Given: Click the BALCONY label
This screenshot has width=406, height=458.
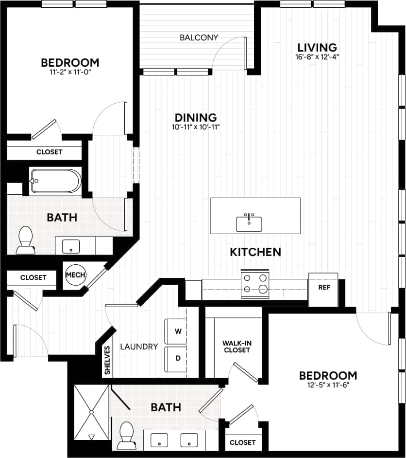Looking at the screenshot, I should tap(199, 37).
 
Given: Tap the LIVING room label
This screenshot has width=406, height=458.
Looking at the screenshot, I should tap(317, 48).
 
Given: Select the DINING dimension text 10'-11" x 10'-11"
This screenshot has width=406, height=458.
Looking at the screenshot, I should tap(195, 128).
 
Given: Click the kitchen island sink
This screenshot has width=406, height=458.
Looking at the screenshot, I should tap(249, 223).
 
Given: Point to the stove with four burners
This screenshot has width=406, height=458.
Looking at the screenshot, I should tap(255, 284).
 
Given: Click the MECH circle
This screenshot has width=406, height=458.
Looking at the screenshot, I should tap(75, 275).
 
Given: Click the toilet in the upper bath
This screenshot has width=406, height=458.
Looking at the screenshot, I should tap(24, 241).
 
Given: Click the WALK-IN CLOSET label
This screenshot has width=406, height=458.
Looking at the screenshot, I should tap(237, 346).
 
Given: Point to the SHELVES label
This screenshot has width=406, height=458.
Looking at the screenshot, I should tap(107, 361).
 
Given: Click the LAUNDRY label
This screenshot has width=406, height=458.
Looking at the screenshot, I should tap(139, 347).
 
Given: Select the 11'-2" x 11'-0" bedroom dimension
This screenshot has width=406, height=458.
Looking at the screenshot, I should tap(70, 72).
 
